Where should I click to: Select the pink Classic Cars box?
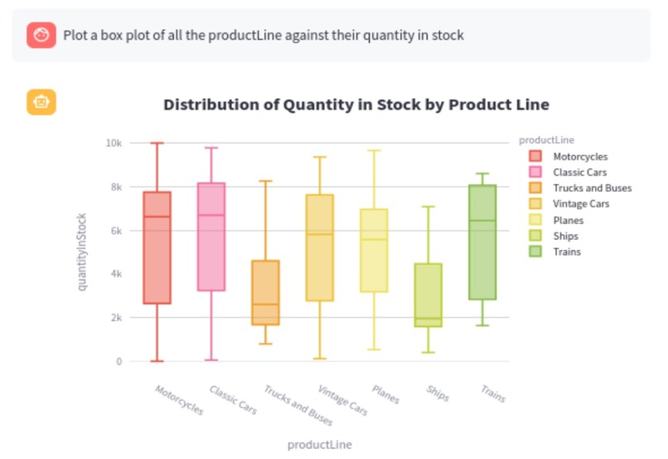(x=211, y=237)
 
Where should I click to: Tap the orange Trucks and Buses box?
(x=265, y=292)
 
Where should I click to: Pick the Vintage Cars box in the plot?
(x=319, y=247)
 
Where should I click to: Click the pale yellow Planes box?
(x=374, y=250)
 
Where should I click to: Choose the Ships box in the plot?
(x=428, y=295)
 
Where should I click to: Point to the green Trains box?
(x=482, y=242)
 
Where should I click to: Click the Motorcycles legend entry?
(x=579, y=156)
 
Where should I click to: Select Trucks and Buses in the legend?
(x=592, y=188)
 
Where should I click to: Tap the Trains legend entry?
(x=567, y=251)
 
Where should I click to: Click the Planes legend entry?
(x=569, y=220)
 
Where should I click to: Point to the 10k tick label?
(x=114, y=143)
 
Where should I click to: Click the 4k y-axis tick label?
(x=117, y=274)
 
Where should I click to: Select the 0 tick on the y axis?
(x=119, y=361)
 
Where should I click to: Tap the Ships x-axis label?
(x=437, y=393)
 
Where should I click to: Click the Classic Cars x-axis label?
(x=232, y=399)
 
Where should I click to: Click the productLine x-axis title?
(x=319, y=444)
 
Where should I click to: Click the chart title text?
(x=356, y=105)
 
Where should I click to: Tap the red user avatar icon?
(x=41, y=36)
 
